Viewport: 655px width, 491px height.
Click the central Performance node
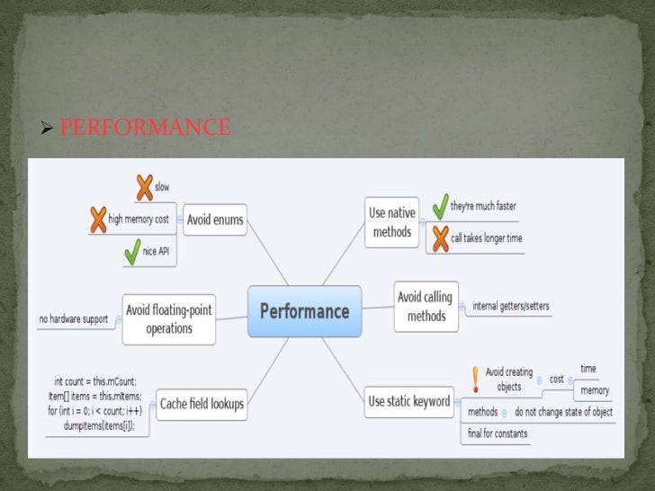click(304, 311)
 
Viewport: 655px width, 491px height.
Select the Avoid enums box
click(215, 219)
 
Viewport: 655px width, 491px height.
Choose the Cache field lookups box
click(202, 404)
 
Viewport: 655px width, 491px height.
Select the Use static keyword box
click(408, 402)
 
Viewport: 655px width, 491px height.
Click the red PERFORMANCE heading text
click(145, 129)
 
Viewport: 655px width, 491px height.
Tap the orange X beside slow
click(142, 187)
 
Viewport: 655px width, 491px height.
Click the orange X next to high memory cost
click(98, 219)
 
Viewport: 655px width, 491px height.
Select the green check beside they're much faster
click(439, 206)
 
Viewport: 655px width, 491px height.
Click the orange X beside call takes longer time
click(439, 238)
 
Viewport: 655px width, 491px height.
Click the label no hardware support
click(74, 319)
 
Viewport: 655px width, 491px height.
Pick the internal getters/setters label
click(510, 306)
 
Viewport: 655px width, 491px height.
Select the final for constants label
click(498, 433)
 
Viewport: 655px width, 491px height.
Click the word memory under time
click(595, 390)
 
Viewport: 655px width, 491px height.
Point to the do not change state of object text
click(563, 412)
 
